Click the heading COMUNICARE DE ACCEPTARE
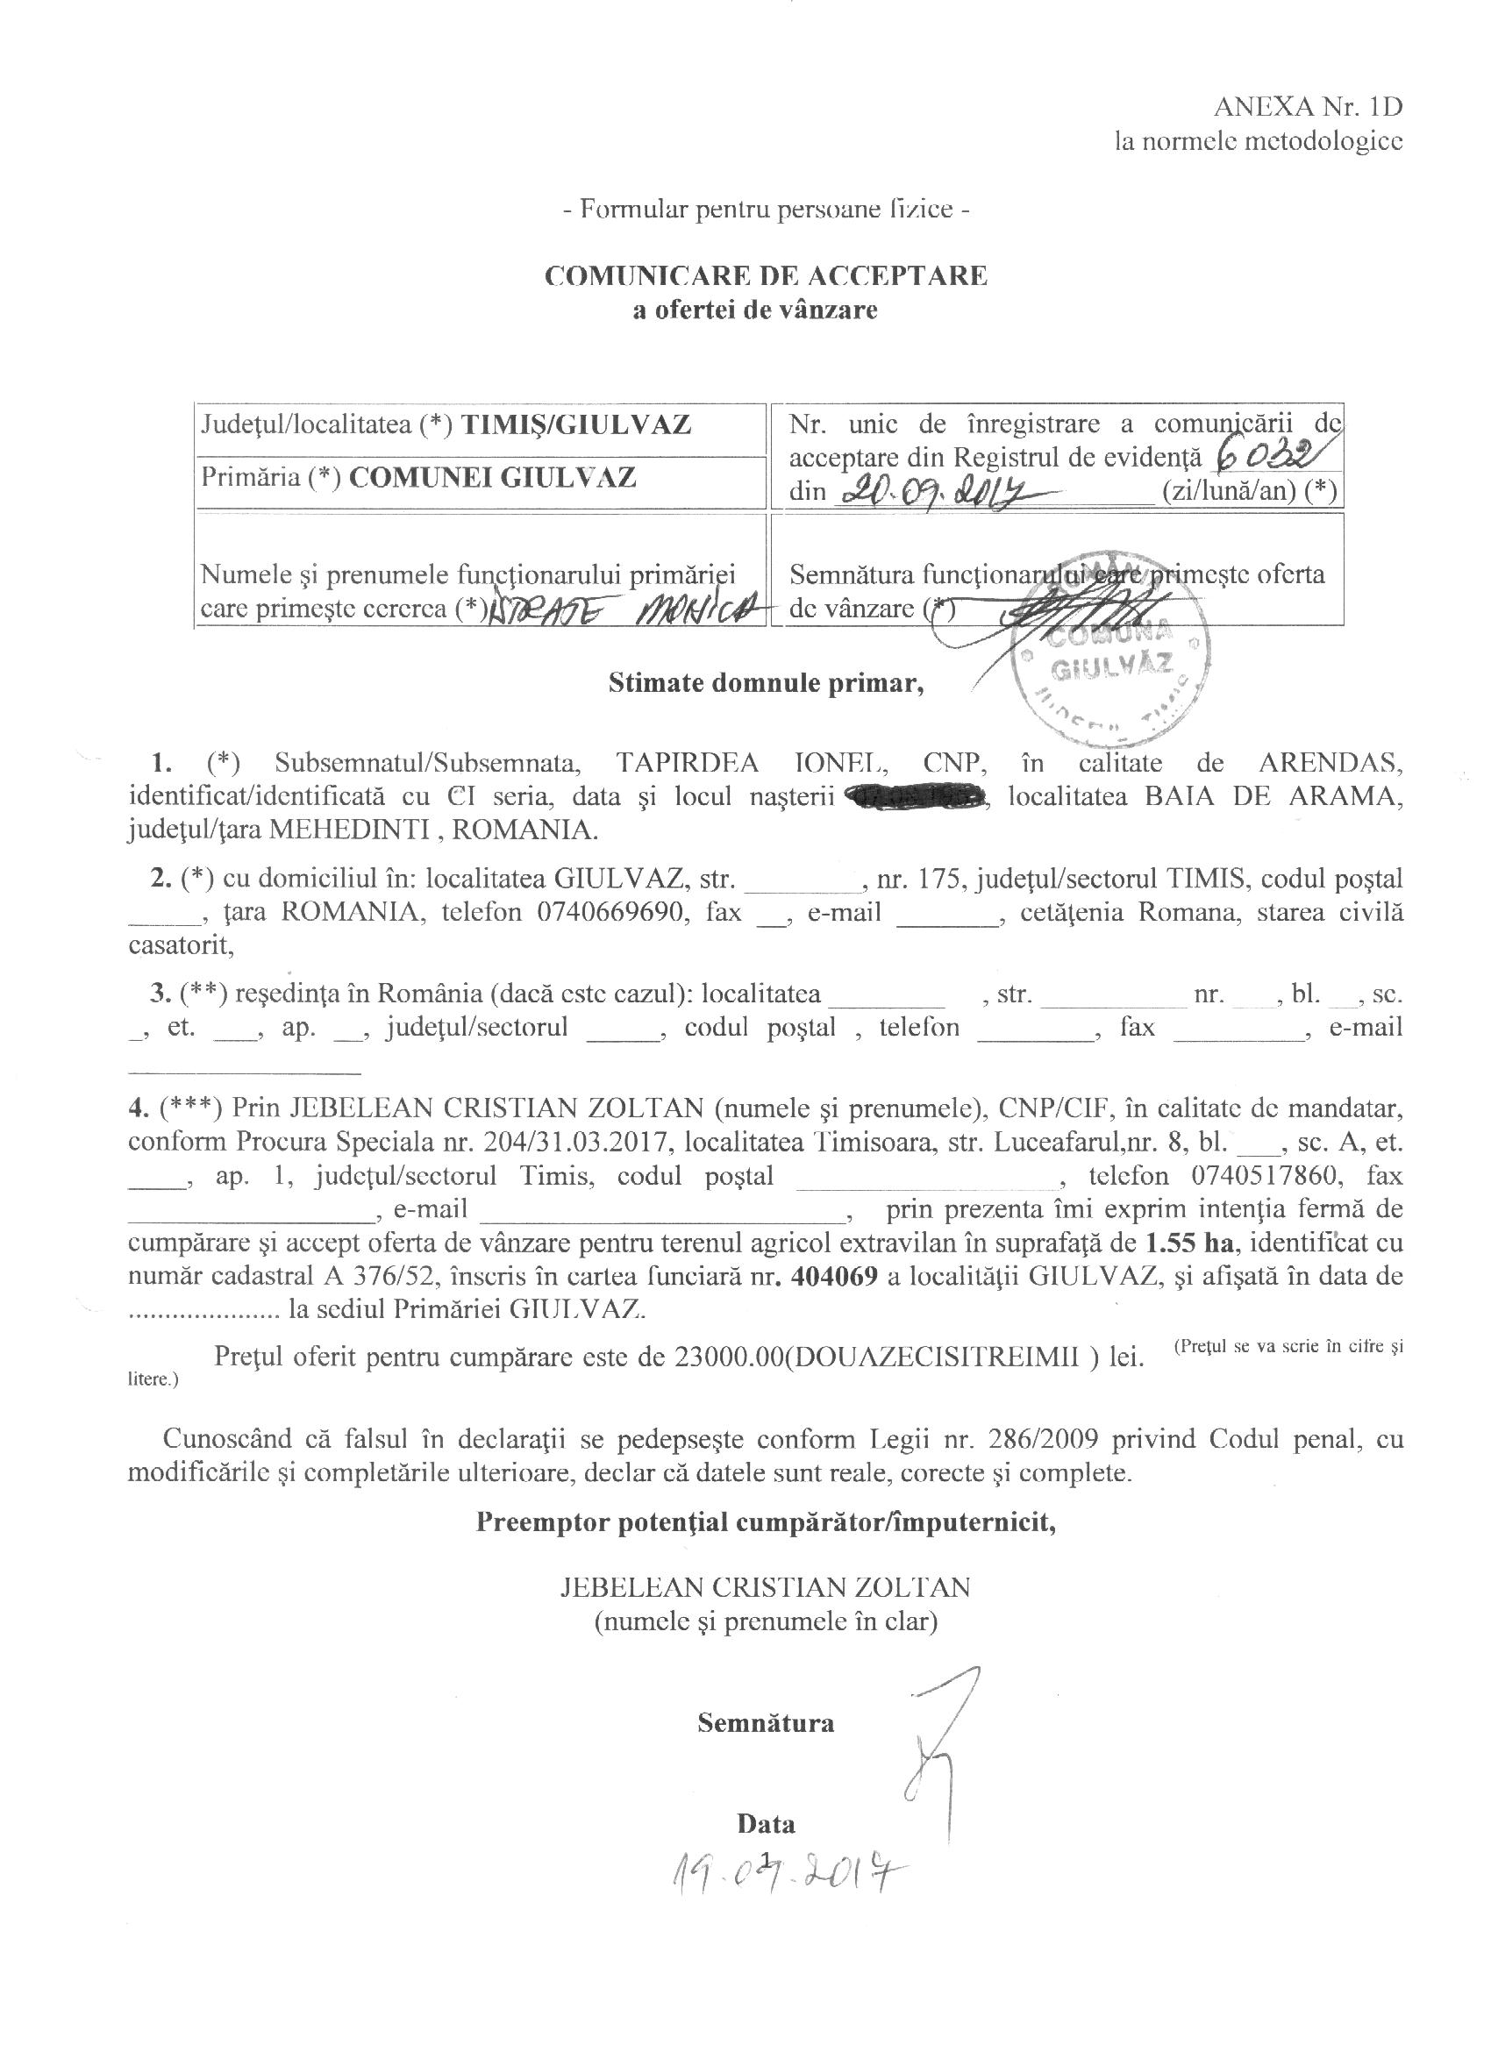click(766, 275)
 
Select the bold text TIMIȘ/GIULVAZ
click(576, 424)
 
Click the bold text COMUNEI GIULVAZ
click(492, 477)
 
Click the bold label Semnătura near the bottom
click(766, 1721)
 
